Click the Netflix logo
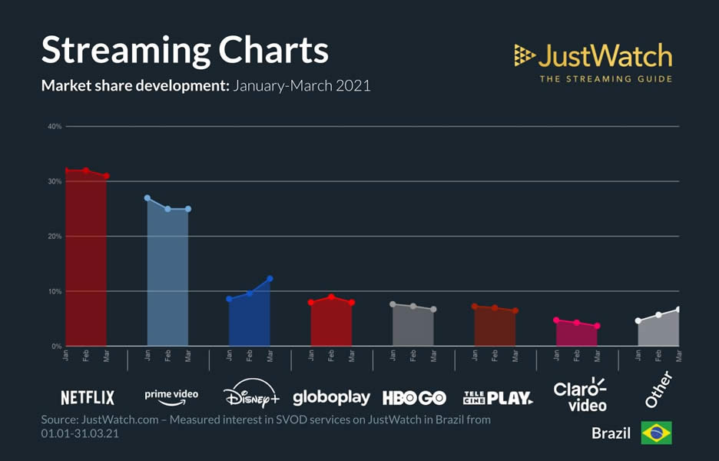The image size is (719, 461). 88,397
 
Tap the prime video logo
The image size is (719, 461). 171,395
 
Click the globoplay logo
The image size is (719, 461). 331,397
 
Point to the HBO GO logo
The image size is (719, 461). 413,397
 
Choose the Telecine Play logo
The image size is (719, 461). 498,397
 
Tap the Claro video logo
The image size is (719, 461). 580,394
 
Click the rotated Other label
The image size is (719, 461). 659,390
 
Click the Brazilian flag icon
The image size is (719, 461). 656,433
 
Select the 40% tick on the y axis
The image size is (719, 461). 55,126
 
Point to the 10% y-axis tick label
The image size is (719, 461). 55,291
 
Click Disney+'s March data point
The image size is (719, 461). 270,279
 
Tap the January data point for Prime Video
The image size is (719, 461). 147,198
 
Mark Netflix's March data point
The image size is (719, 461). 107,176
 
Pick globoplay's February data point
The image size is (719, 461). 331,297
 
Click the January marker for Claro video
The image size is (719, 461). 556,320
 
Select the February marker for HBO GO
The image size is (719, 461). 413,307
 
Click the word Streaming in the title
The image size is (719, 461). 124,50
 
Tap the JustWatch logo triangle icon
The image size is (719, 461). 525,55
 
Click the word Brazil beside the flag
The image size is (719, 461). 611,433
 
